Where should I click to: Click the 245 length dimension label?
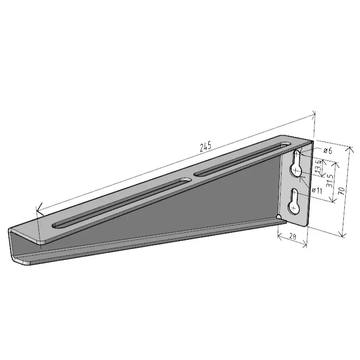205,147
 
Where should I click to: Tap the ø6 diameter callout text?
328,151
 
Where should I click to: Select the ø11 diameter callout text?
317,190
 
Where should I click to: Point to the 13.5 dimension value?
318,166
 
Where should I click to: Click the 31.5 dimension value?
330,181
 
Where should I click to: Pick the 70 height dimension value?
341,191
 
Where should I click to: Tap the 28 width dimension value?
293,236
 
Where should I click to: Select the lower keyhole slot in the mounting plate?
294,202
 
